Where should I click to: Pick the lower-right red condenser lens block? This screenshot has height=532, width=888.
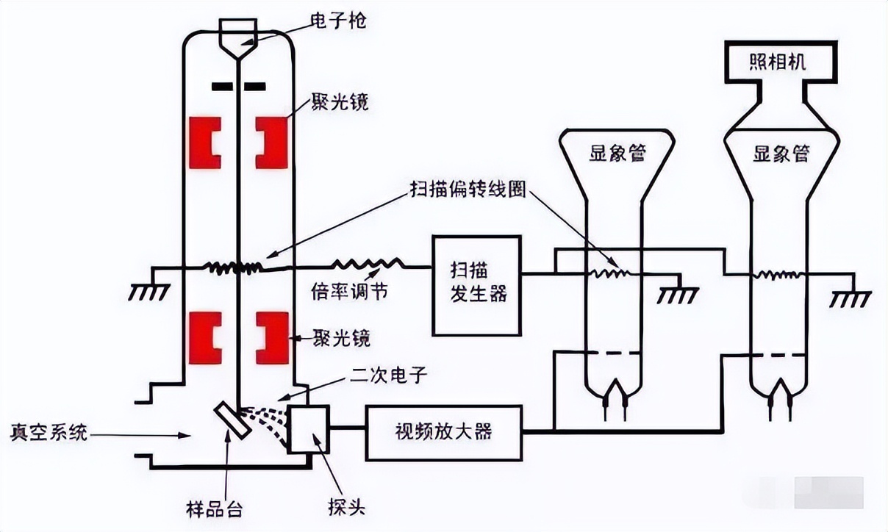pos(273,338)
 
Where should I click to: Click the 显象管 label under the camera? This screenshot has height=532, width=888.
pos(781,154)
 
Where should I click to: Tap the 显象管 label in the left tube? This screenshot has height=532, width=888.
pos(616,154)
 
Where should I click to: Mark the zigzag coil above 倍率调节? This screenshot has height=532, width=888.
pos(368,263)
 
